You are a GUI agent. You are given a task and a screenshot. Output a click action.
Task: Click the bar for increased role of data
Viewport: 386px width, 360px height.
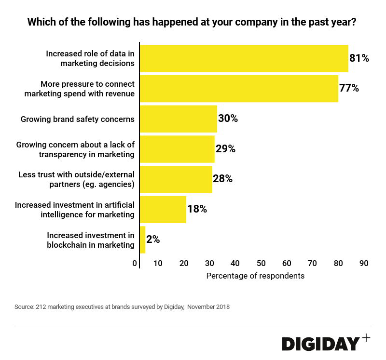coord(244,58)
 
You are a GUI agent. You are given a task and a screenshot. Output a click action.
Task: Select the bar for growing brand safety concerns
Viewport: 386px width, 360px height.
coord(179,119)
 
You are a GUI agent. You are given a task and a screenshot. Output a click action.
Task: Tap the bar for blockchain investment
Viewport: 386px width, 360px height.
coord(142,240)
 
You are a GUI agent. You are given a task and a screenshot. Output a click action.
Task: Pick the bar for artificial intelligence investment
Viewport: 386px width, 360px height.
coord(163,209)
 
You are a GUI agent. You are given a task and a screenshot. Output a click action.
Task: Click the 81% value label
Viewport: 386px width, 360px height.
coord(359,58)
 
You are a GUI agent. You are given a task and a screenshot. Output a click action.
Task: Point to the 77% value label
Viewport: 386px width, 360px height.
coord(349,88)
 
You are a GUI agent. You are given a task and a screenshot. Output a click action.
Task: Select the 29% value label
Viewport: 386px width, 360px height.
coord(225,149)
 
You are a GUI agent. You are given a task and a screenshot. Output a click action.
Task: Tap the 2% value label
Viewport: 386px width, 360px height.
coord(153,240)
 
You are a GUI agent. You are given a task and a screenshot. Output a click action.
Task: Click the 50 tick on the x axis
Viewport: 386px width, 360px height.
coord(261,263)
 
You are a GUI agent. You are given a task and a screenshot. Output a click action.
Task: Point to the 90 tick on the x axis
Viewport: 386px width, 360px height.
coord(364,263)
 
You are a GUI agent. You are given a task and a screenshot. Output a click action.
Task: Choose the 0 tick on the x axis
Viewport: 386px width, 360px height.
coord(135,263)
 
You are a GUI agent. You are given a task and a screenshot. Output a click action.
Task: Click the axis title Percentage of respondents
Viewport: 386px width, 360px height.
coord(255,276)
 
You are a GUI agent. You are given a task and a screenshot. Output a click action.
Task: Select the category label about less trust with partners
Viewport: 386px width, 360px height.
coord(76,179)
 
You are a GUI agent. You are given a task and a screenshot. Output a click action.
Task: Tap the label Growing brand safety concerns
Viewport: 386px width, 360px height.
coord(77,119)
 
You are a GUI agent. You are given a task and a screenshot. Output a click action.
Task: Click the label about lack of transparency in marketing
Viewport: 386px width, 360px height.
coord(75,149)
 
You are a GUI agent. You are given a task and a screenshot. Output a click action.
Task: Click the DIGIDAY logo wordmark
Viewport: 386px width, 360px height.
coord(320,344)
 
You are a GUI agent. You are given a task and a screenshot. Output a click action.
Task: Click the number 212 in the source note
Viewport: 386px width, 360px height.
coord(41,307)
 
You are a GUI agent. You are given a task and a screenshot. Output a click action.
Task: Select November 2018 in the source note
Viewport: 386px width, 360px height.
coord(208,307)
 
